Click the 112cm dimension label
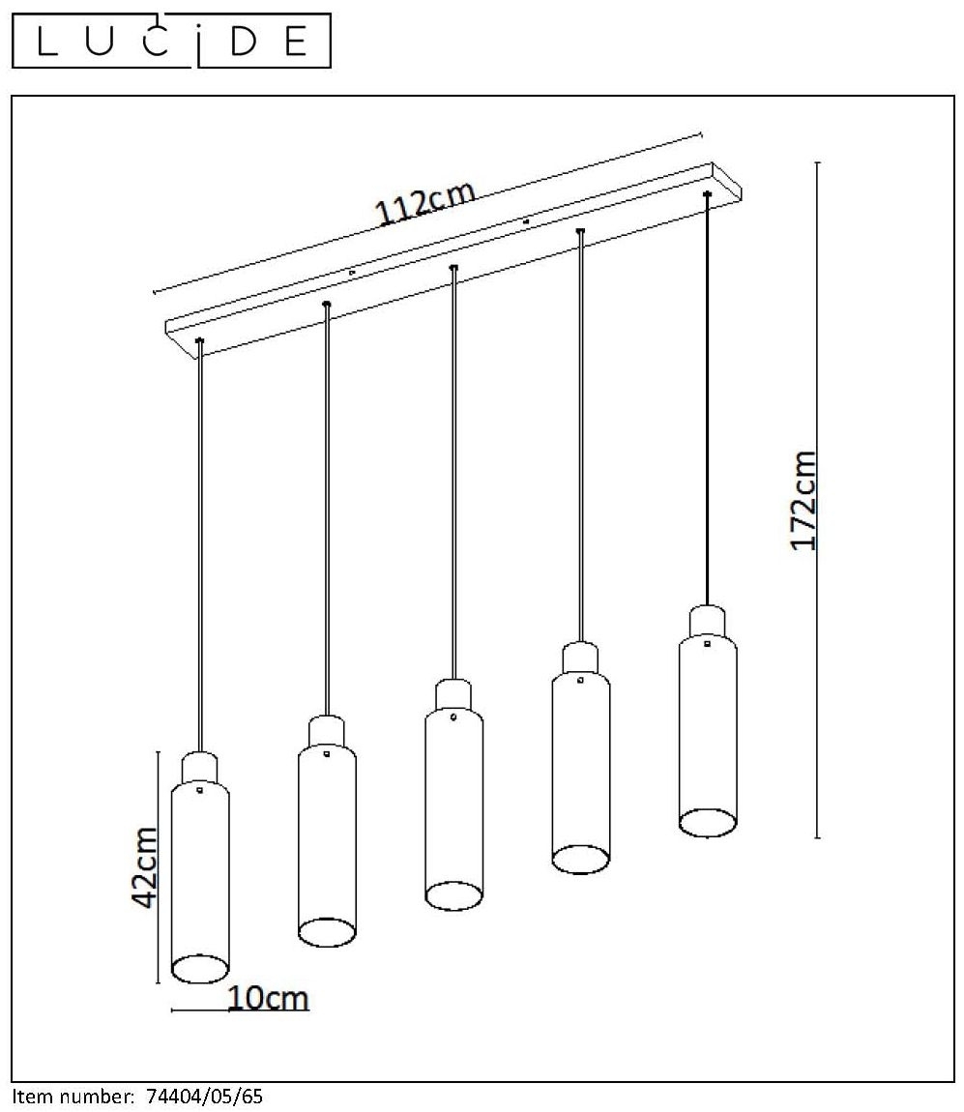[x=424, y=202]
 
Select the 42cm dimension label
[x=144, y=866]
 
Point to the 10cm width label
[x=268, y=998]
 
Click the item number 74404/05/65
[x=204, y=1097]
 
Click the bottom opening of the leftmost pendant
[x=201, y=968]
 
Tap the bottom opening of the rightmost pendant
[x=708, y=823]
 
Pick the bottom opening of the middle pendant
[x=454, y=895]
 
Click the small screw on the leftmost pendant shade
[x=199, y=789]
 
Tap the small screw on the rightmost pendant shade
[x=707, y=643]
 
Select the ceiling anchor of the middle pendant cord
[x=453, y=267]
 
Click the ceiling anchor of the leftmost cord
[x=199, y=340]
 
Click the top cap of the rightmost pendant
[x=707, y=622]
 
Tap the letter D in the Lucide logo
[x=243, y=42]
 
